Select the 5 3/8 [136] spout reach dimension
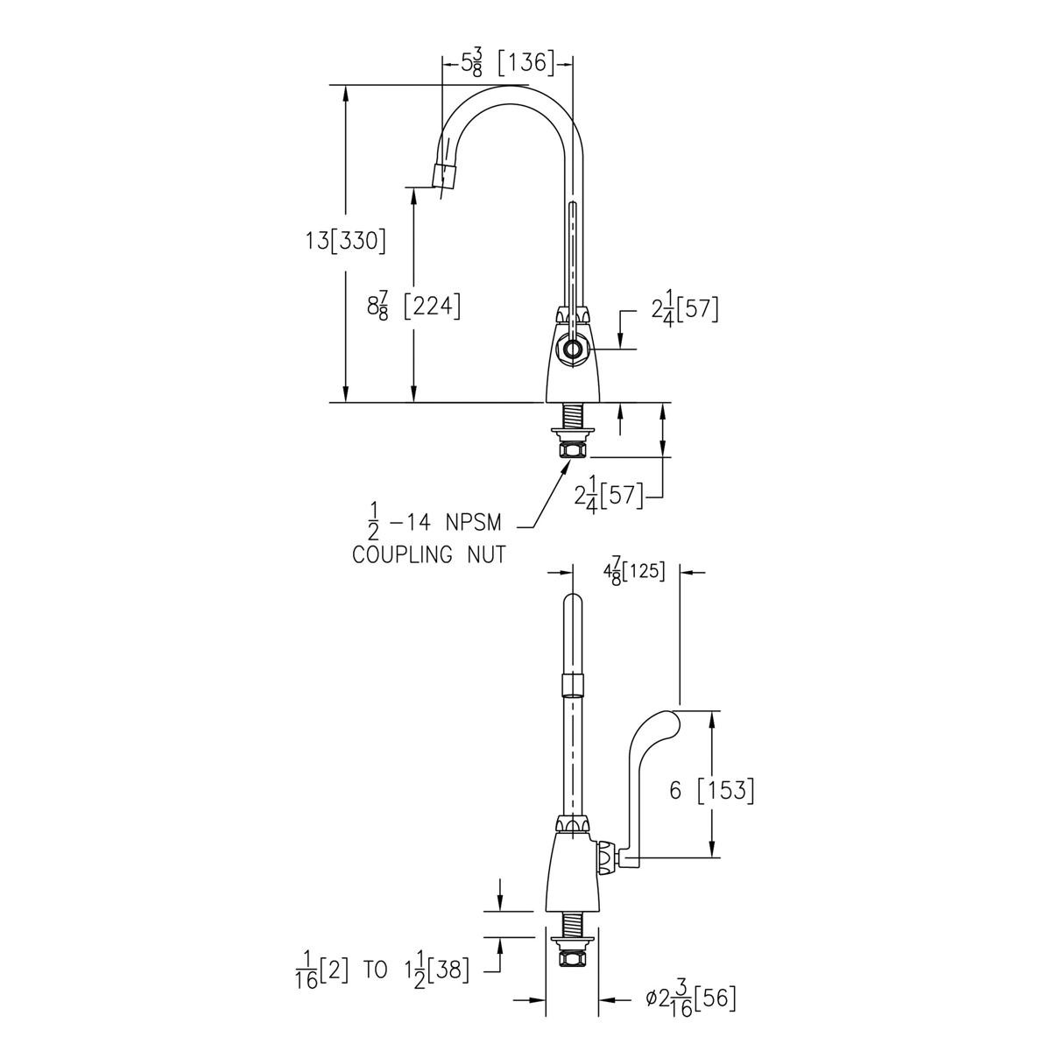[508, 63]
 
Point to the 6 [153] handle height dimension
[710, 790]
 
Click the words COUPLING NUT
[428, 554]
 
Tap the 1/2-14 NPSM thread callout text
[434, 524]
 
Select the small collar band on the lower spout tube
[572, 682]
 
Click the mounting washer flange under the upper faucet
[572, 432]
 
